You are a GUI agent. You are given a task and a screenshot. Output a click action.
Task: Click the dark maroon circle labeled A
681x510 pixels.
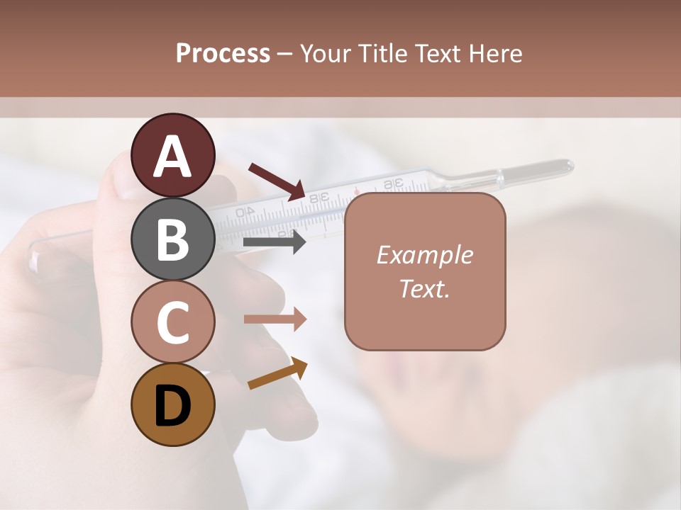[172, 155]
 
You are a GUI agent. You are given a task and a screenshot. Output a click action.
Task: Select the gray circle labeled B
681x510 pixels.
[172, 239]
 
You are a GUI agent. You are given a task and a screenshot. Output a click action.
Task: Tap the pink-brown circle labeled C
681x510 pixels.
[172, 322]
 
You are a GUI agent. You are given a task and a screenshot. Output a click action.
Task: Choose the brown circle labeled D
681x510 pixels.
[172, 404]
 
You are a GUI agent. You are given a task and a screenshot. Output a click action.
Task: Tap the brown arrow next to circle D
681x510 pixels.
[277, 374]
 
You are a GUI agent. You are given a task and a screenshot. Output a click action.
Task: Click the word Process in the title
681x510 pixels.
[223, 53]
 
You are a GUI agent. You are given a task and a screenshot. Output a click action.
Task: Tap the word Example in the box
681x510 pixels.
[425, 255]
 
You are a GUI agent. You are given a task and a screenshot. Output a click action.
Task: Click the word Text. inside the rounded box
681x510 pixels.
[425, 288]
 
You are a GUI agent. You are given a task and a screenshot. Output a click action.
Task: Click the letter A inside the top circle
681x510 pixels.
[172, 157]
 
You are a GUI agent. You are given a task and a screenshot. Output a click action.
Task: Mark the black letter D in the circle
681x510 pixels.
[172, 406]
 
